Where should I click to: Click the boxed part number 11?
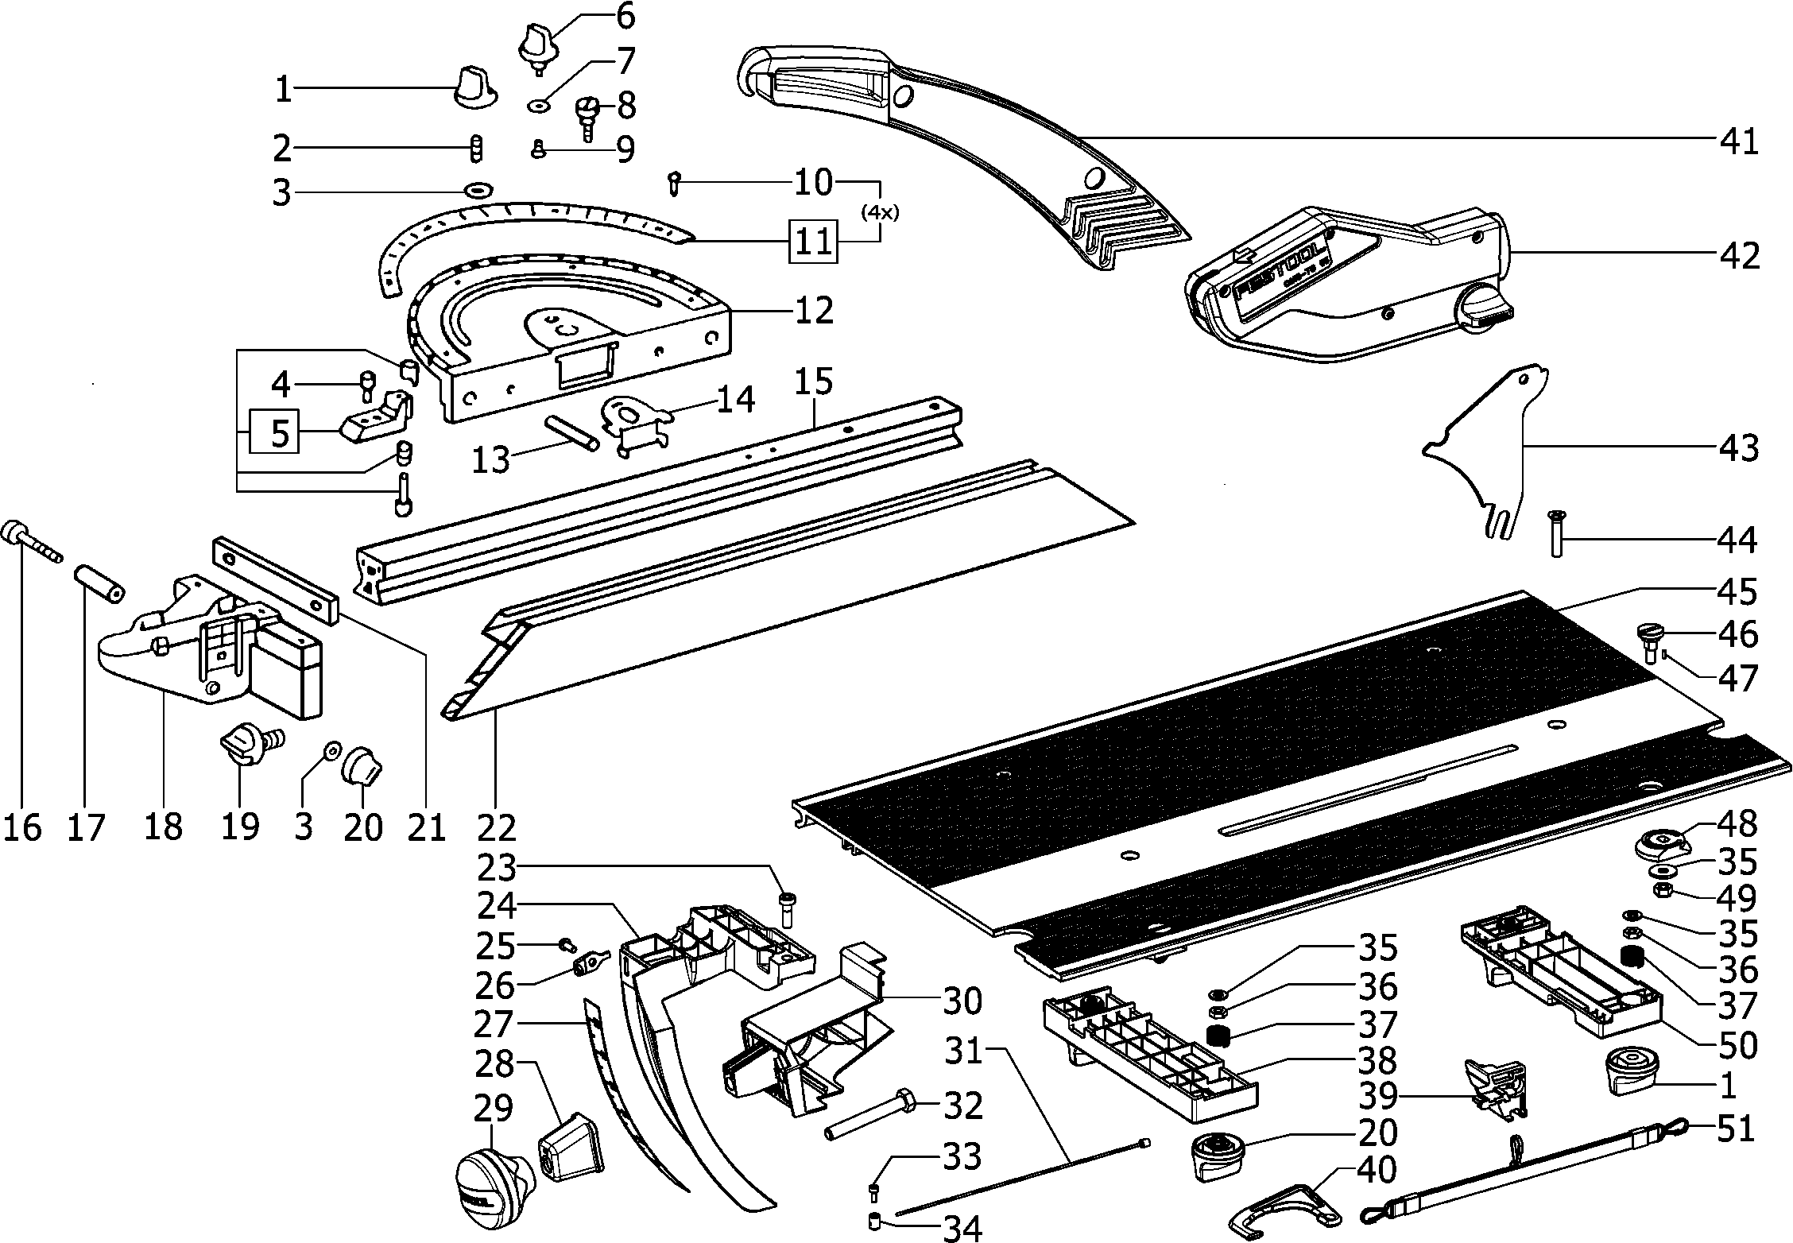pos(813,239)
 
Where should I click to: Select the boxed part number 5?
pos(275,431)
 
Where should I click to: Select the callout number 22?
pos(498,827)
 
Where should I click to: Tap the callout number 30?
pos(962,1001)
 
